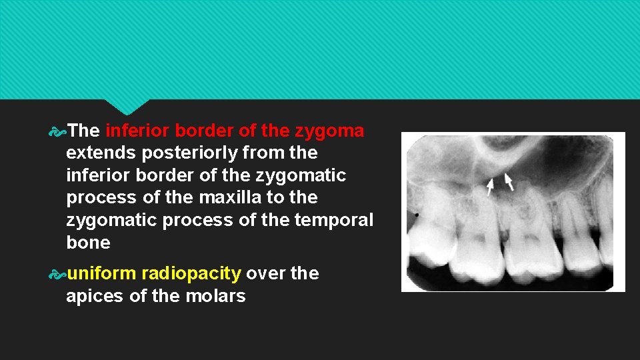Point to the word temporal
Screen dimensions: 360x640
(x=339, y=220)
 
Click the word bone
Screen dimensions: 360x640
(x=88, y=243)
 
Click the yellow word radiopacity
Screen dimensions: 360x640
(x=191, y=273)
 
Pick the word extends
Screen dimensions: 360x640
(x=101, y=153)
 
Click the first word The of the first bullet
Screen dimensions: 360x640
(x=83, y=131)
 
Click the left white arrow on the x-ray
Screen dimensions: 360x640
(x=490, y=186)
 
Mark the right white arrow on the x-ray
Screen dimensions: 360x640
(x=509, y=182)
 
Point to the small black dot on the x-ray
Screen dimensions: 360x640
(x=417, y=215)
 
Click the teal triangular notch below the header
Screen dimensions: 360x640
(x=127, y=106)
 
